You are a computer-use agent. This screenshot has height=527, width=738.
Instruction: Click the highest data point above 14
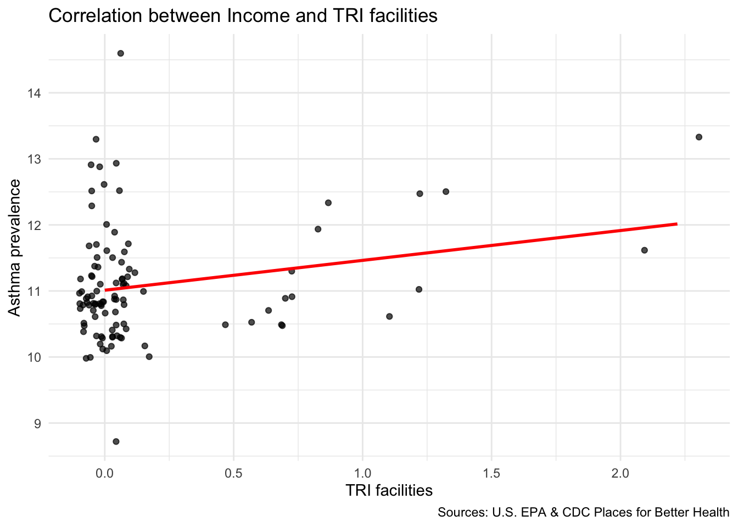[120, 53]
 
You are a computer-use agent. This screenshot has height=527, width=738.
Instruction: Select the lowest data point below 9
[116, 441]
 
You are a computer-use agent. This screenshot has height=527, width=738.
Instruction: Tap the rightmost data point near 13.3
[698, 137]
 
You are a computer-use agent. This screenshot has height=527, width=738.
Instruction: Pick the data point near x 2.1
[644, 250]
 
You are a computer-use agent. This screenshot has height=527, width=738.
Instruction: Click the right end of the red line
[677, 224]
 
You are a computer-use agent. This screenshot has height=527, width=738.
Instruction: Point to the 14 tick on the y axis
[34, 93]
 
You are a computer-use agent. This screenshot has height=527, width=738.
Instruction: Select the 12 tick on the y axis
[34, 225]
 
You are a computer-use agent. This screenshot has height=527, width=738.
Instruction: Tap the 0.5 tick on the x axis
[233, 473]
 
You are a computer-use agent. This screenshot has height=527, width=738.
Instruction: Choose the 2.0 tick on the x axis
[620, 473]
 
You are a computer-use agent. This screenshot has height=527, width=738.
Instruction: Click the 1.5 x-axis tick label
[491, 473]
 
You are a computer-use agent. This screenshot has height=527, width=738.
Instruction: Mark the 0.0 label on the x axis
[104, 473]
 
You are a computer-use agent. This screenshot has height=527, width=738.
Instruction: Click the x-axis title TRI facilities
[389, 490]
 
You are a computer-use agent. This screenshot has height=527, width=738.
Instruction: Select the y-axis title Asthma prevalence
[15, 248]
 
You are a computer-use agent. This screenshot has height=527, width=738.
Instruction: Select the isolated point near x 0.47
[225, 324]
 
